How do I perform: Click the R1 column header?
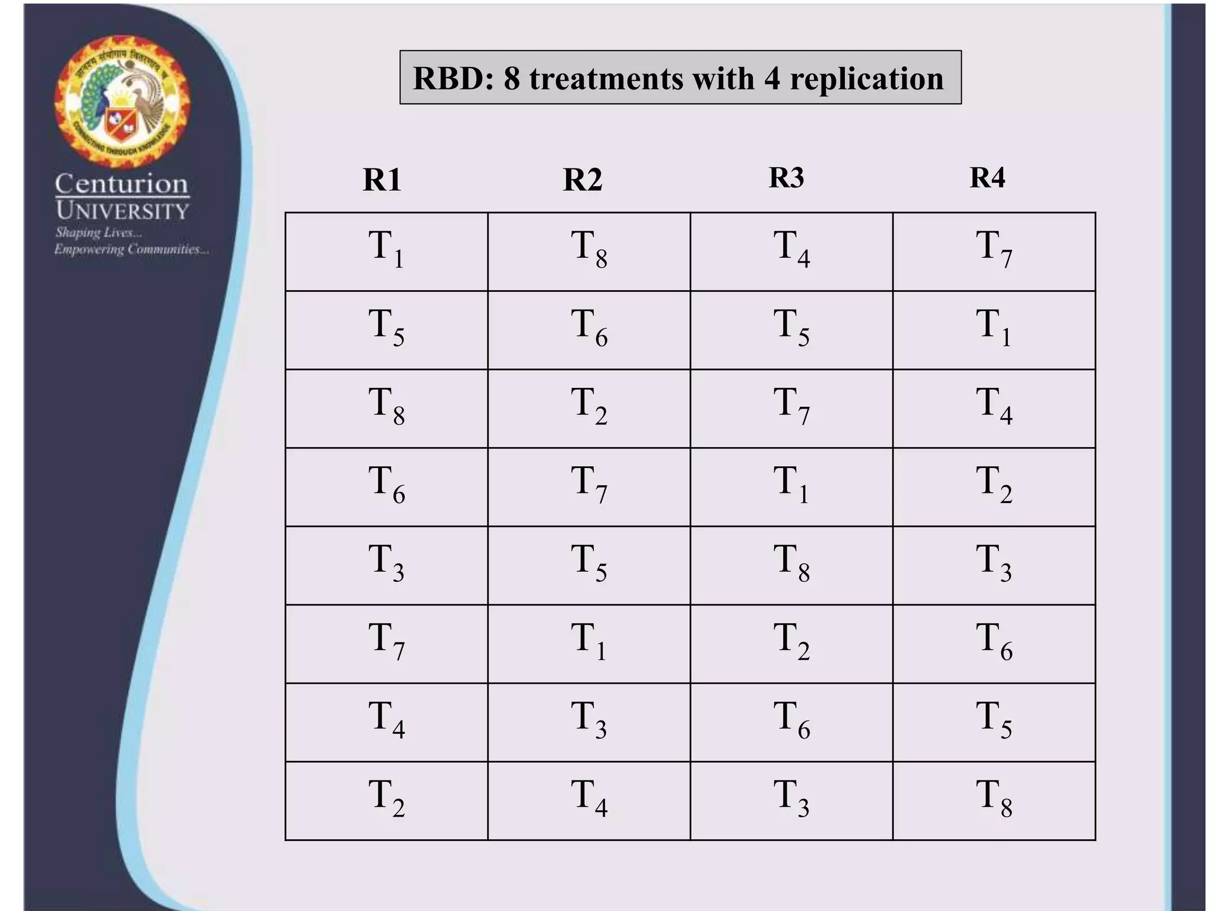382,180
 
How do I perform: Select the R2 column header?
583,180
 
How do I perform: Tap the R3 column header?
786,177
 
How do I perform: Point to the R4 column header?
987,177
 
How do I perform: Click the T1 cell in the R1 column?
386,251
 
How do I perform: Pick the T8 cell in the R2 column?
589,251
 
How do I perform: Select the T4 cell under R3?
791,251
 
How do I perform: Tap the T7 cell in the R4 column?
994,251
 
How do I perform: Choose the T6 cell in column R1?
386,486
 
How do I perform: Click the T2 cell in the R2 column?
589,408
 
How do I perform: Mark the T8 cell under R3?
791,565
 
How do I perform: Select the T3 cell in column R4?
994,565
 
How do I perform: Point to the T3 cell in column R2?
589,722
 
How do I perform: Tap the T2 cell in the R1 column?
386,800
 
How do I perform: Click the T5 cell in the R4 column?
994,722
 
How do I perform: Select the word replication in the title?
866,79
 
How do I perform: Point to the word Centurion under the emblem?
122,184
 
